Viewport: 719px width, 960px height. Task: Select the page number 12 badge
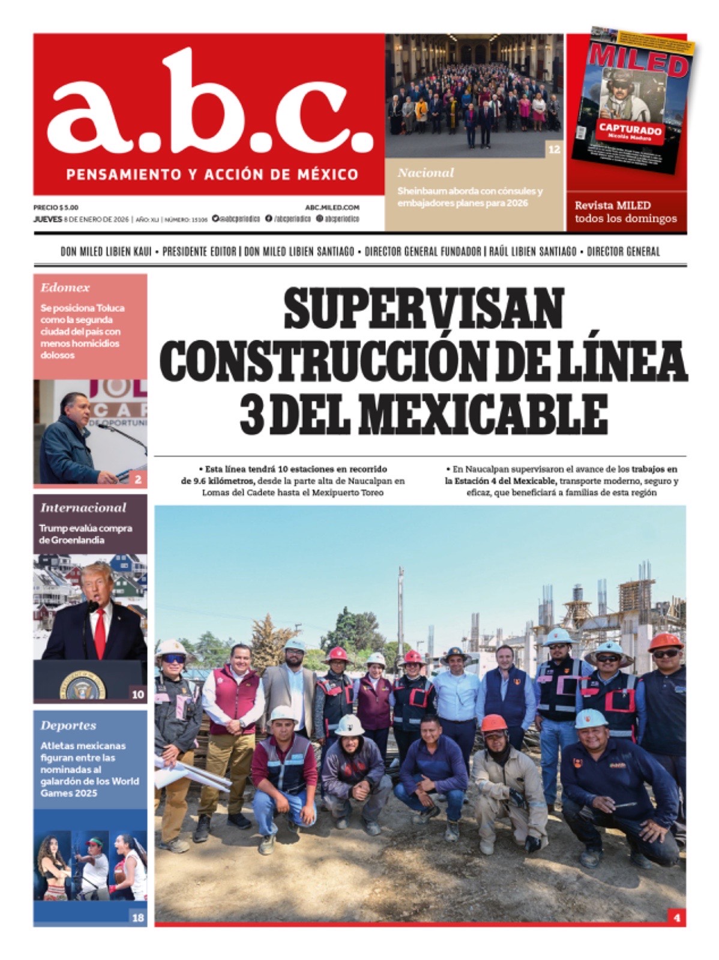[553, 149]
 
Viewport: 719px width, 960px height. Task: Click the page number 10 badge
[138, 694]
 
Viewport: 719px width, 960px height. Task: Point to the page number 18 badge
[138, 917]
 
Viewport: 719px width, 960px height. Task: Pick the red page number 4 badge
[676, 917]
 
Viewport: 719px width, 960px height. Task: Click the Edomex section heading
[65, 288]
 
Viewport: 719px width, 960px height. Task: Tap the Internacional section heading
[83, 508]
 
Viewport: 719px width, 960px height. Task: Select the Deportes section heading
[68, 725]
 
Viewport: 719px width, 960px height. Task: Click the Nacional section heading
[426, 173]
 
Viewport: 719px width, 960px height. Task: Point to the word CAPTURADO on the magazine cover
[630, 130]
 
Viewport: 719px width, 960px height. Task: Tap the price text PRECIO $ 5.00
[56, 208]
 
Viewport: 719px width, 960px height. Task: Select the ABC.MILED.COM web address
[332, 208]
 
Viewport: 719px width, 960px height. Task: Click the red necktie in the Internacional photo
[100, 630]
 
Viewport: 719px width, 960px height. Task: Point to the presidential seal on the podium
[82, 686]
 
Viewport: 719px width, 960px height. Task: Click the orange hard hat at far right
[665, 641]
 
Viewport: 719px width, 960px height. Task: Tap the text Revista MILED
[612, 205]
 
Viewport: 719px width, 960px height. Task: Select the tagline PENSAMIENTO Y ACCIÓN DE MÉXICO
[212, 175]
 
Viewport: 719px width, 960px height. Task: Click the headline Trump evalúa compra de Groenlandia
[85, 534]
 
